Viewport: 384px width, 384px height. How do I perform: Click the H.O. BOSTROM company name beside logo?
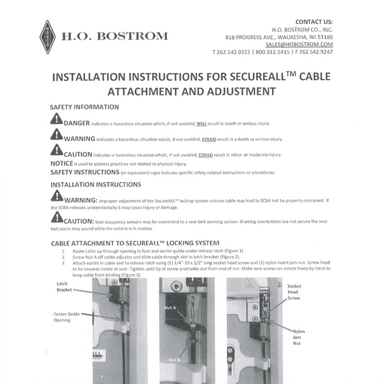tap(114, 36)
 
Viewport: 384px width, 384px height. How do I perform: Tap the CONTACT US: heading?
tap(314, 21)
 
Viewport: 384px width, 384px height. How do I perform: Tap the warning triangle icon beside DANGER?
tap(56, 119)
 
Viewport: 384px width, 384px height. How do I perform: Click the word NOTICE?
tap(61, 164)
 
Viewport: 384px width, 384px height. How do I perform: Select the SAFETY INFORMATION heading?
tap(84, 107)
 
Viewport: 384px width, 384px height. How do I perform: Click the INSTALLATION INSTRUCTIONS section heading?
tap(95, 184)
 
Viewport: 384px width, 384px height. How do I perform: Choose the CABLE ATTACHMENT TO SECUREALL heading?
tap(125, 243)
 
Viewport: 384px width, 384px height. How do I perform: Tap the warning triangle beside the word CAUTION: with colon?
tap(56, 218)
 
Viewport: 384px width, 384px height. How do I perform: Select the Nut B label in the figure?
tap(175, 360)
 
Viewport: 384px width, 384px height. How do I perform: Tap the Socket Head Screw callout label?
tap(294, 292)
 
